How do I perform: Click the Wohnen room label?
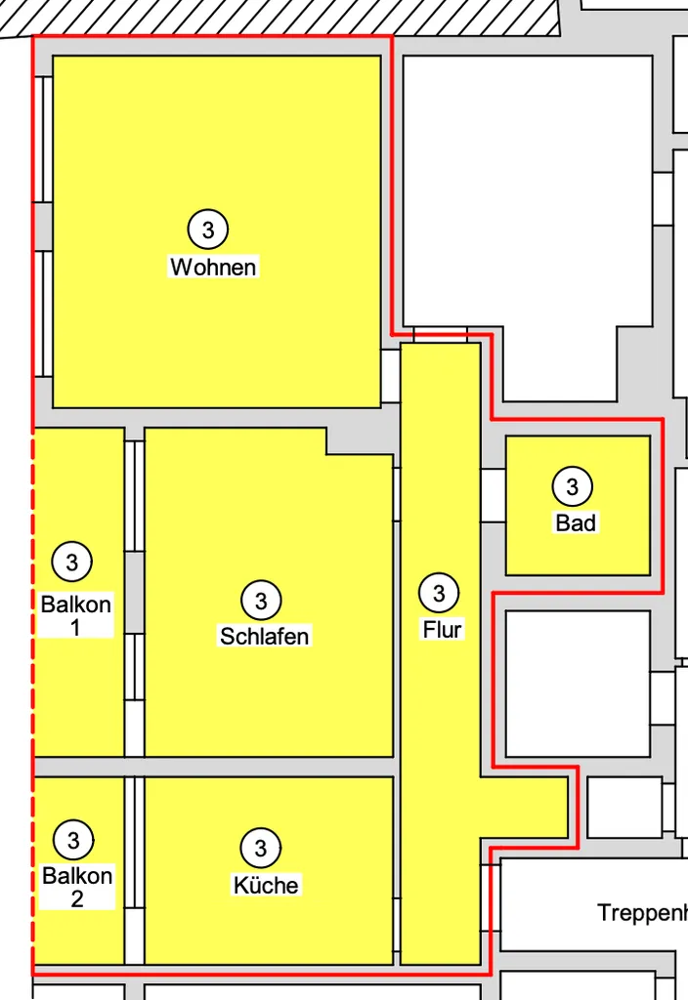pos(213,267)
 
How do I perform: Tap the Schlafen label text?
pos(264,636)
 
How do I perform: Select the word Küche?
pos(266,885)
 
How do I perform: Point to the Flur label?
pos(442,630)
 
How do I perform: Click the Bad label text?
pos(576,523)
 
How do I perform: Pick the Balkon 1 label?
pos(76,615)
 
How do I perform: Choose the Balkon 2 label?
pos(77,887)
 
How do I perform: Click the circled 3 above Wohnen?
pos(208,229)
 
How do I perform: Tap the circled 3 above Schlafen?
pos(261,601)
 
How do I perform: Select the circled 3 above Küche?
pos(260,849)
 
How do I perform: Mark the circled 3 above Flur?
pos(439,593)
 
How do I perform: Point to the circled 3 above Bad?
pos(572,486)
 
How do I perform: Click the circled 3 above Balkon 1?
pos(72,562)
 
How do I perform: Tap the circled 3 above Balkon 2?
pos(73,840)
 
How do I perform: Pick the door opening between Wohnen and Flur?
pos(391,376)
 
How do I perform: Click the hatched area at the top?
pos(280,18)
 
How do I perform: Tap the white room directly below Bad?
pos(578,684)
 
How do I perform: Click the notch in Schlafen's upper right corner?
pos(360,440)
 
